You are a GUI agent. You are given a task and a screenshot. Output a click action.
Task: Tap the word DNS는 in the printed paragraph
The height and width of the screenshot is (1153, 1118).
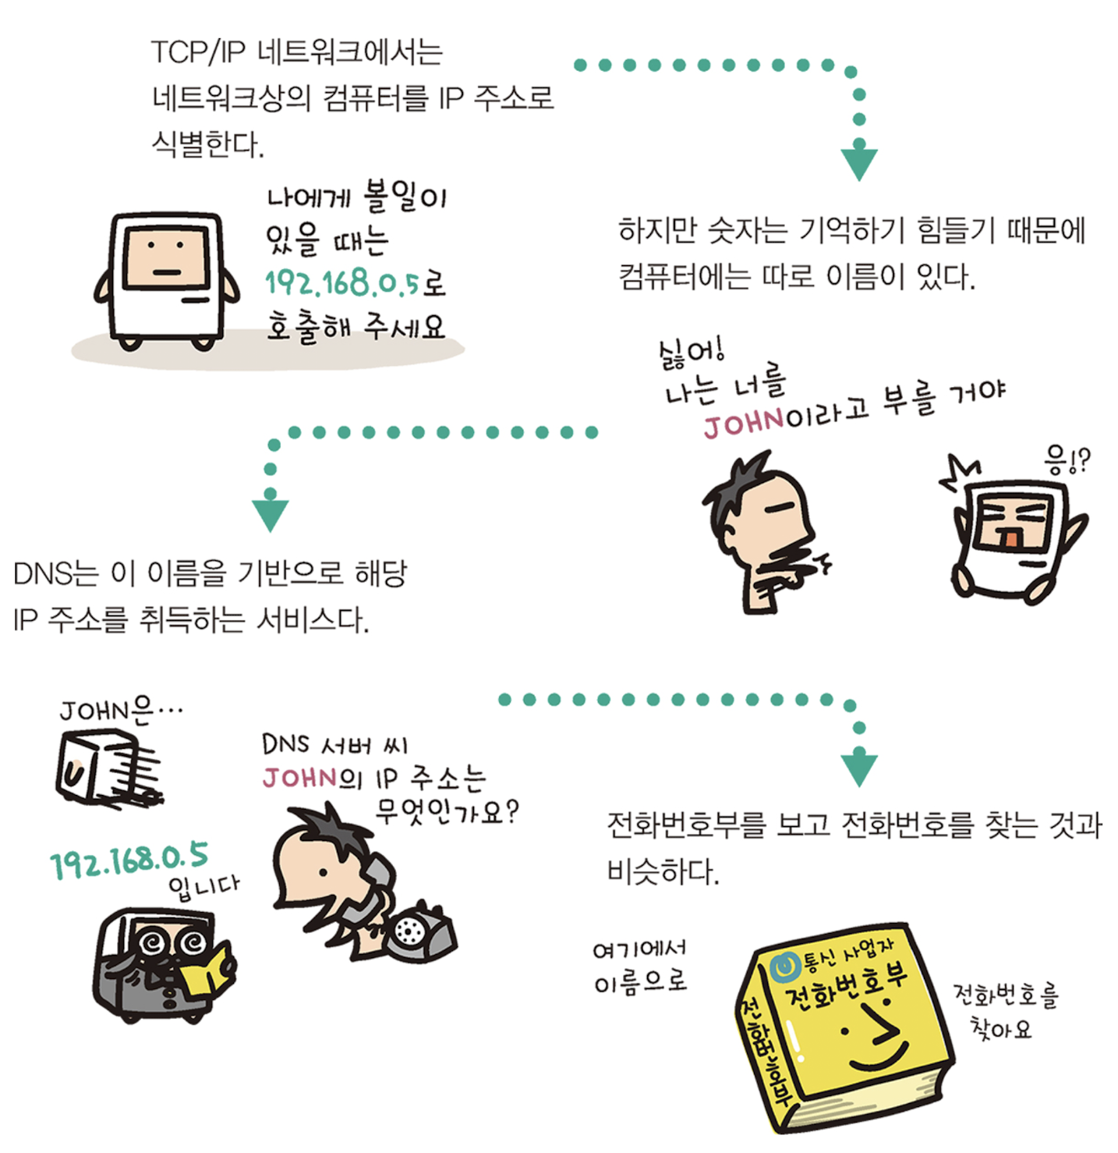[x=55, y=574]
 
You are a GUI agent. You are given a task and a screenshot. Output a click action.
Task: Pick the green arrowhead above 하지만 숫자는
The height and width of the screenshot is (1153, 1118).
[x=859, y=163]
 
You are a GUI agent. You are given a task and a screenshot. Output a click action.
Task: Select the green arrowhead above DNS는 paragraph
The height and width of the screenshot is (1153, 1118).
[x=271, y=514]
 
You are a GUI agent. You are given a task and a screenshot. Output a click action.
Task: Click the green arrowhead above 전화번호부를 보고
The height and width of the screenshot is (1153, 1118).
[x=859, y=769]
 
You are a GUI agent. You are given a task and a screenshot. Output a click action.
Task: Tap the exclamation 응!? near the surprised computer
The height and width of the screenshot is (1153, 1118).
[x=1067, y=462]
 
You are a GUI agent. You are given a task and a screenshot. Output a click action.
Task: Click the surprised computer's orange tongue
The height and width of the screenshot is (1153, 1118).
[x=1010, y=539]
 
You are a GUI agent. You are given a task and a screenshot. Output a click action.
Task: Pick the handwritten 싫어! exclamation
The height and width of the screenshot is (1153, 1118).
[x=691, y=353]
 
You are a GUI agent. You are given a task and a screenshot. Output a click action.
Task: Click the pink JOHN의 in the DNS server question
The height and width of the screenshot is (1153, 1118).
[x=312, y=778]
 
